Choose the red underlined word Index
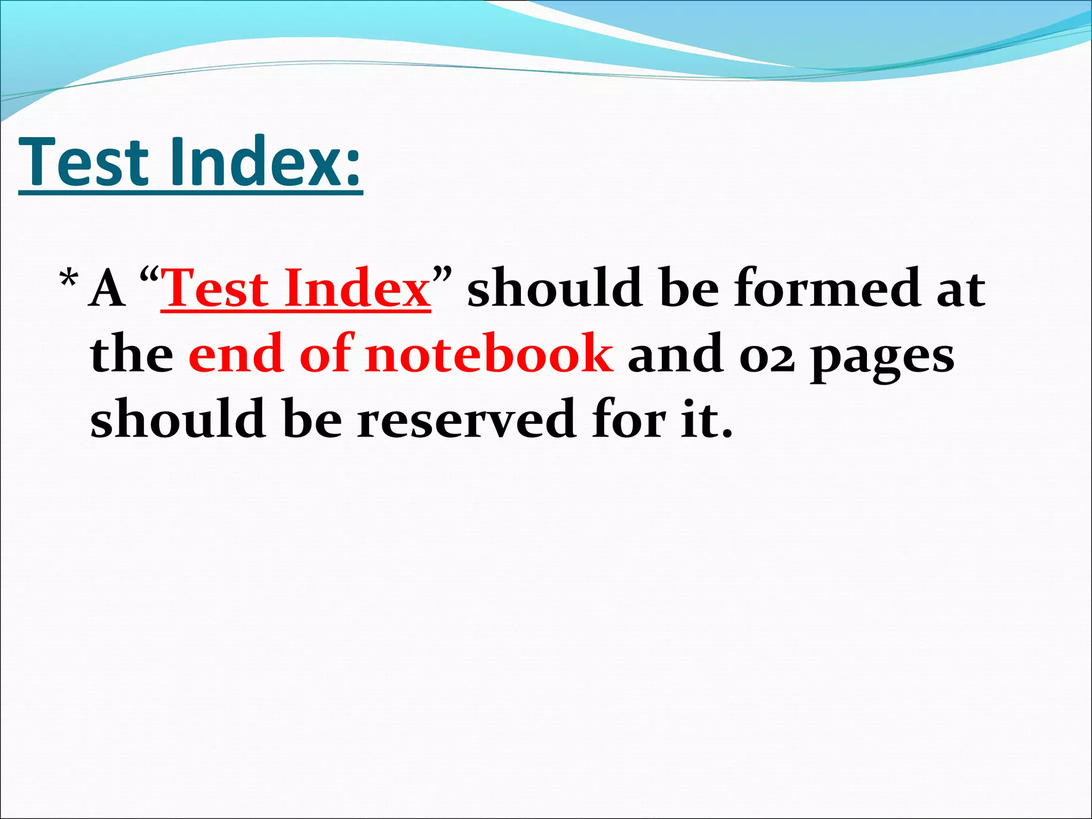357,288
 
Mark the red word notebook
488,354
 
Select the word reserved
466,419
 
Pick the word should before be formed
555,288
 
